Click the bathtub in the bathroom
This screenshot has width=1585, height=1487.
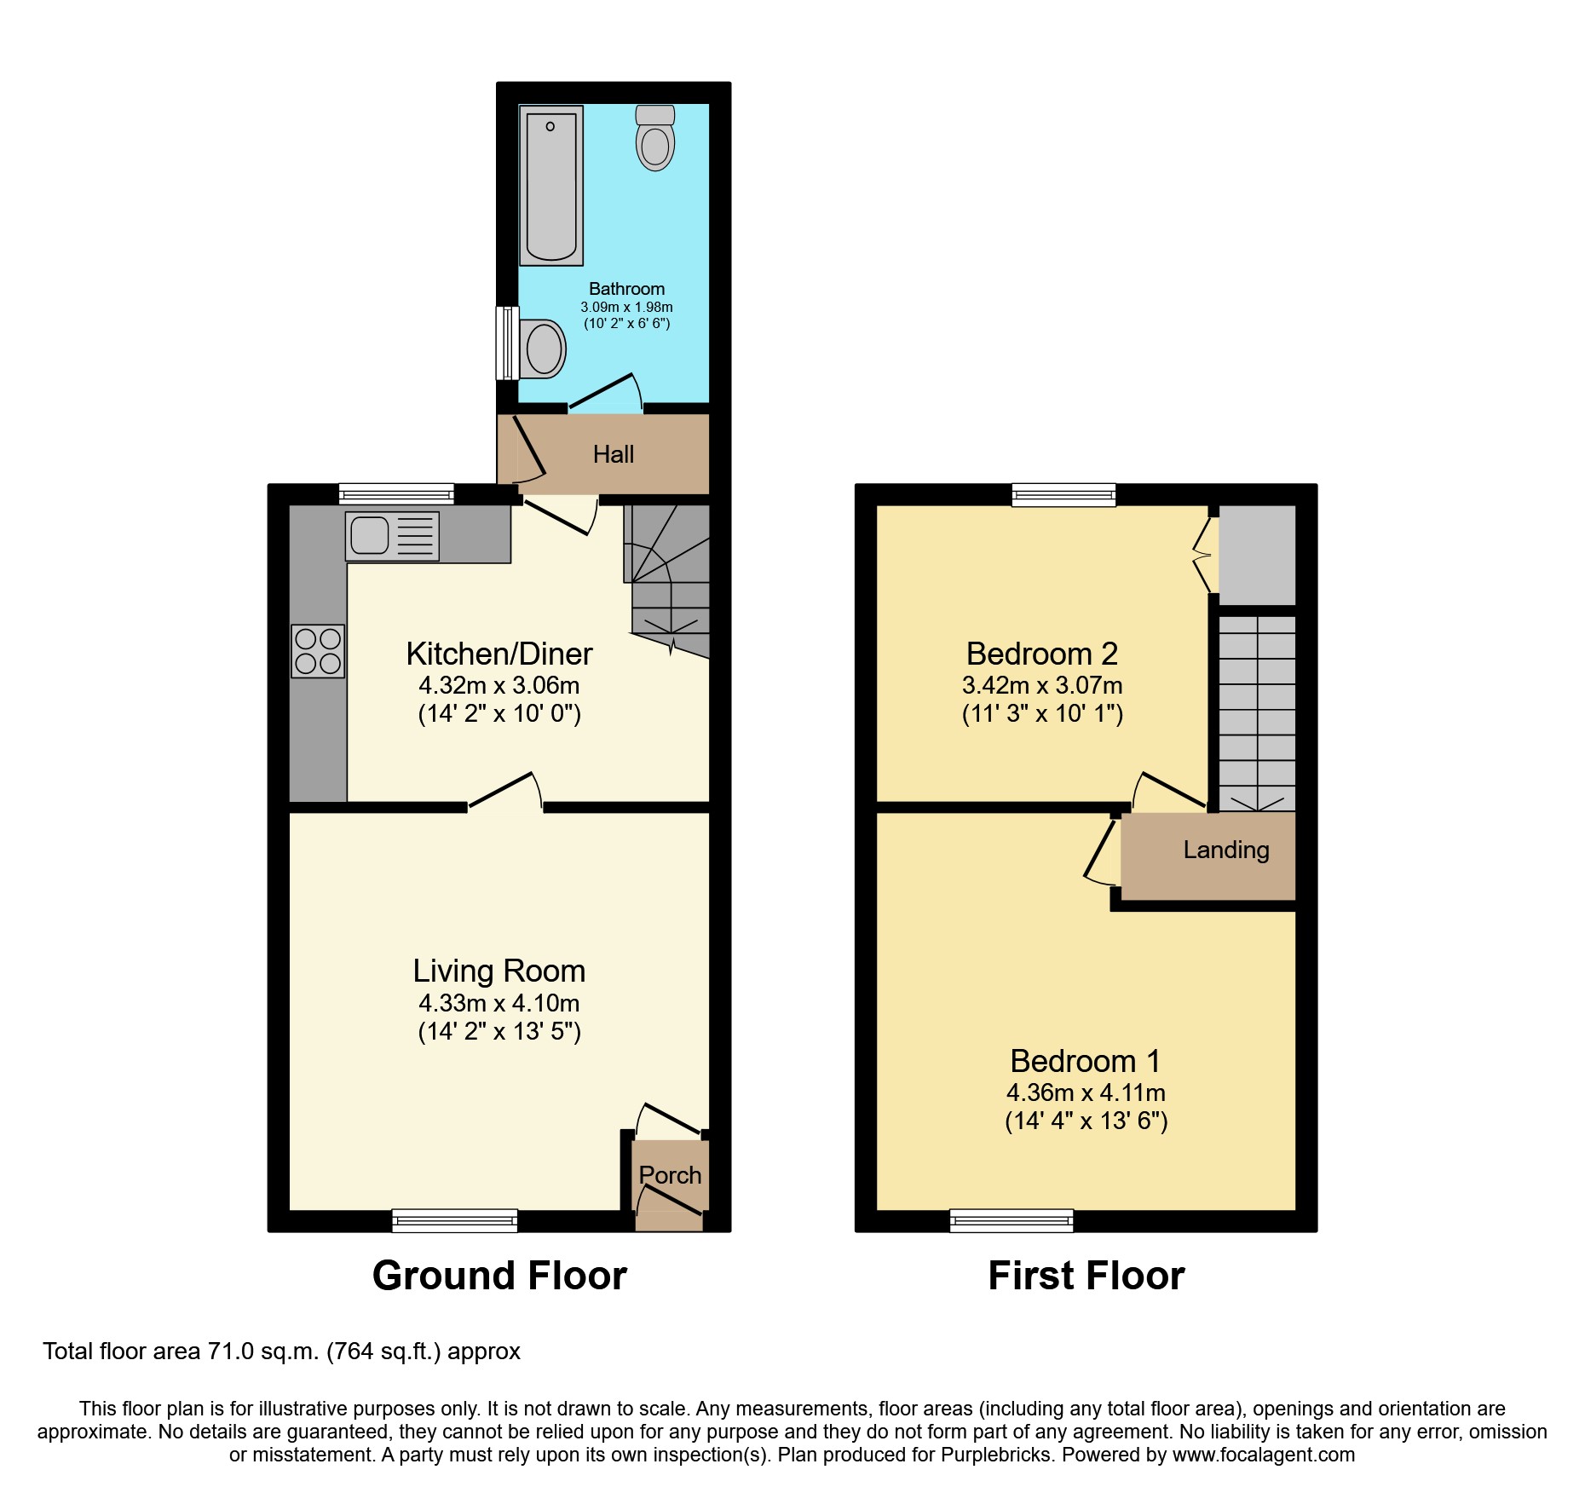[x=551, y=186]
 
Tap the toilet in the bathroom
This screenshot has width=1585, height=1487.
[x=654, y=139]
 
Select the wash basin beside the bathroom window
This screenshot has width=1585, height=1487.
[x=541, y=349]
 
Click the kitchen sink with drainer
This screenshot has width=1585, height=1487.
[x=392, y=536]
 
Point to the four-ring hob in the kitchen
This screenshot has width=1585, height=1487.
[x=318, y=651]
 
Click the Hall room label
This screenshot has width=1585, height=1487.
[x=613, y=454]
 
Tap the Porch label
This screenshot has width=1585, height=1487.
[x=670, y=1175]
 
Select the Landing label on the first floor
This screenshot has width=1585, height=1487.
[x=1225, y=850]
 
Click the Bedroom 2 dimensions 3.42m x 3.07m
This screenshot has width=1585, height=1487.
[x=1041, y=685]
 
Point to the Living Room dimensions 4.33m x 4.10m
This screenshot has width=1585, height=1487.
[x=499, y=1003]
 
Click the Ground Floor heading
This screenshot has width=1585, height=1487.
[x=499, y=1276]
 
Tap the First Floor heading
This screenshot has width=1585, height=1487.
[x=1086, y=1276]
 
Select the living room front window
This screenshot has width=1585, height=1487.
[x=454, y=1220]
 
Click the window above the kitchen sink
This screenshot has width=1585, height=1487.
[x=395, y=493]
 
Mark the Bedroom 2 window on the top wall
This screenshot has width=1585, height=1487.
[x=1063, y=494]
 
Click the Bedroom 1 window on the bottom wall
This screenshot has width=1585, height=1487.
[x=1012, y=1220]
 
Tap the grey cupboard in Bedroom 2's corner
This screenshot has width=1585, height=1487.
[x=1257, y=555]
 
